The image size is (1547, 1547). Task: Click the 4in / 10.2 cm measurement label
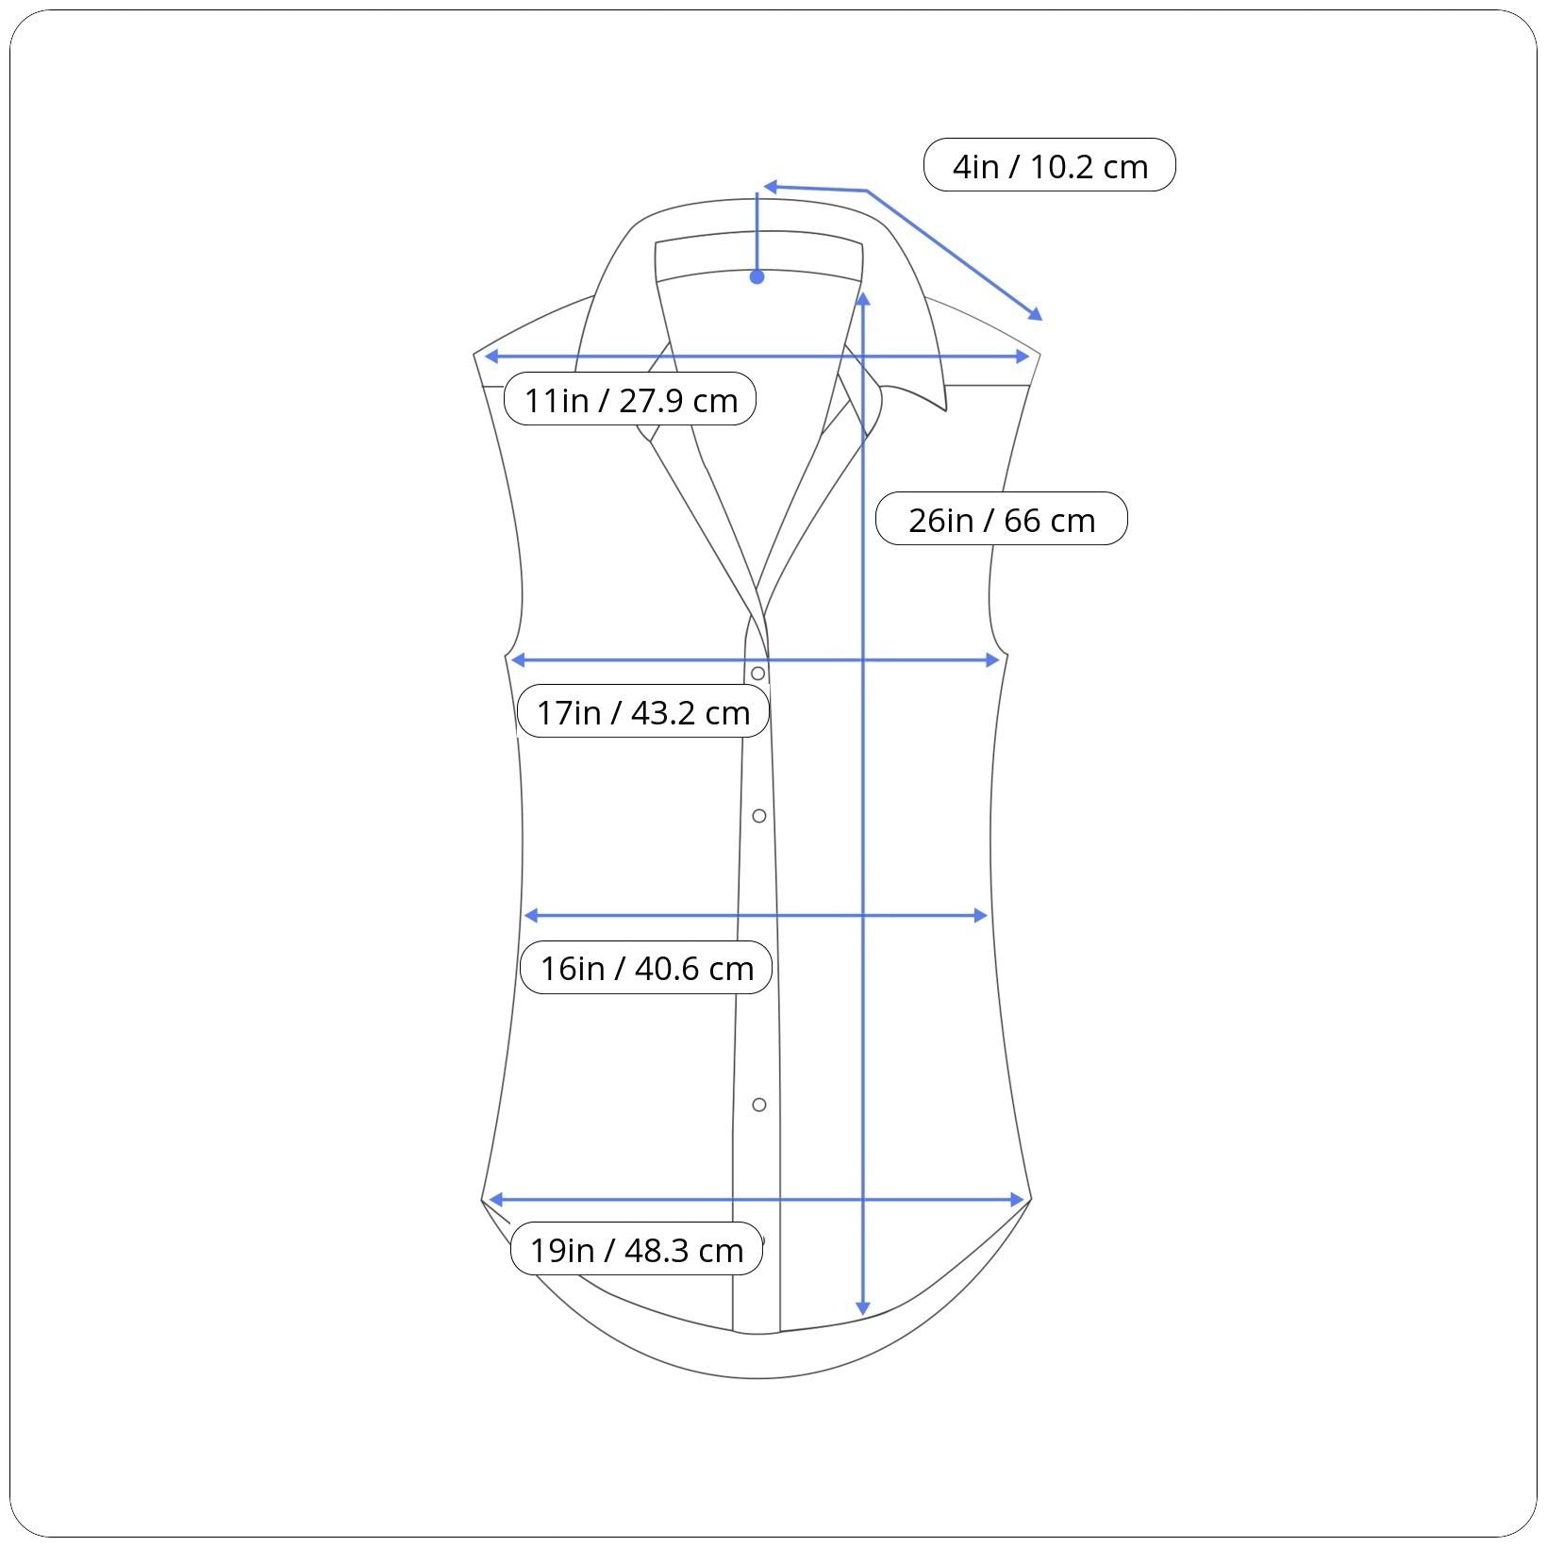1049,165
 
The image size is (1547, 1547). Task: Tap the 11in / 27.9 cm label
630,399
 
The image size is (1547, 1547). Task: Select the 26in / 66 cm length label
1002,519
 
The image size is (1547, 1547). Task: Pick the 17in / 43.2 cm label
643,711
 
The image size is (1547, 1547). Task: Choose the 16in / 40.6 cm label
646,967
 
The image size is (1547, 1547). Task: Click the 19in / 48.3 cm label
637,1249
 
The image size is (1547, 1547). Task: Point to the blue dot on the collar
757,276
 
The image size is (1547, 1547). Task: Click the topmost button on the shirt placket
757,674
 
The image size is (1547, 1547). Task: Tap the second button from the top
759,816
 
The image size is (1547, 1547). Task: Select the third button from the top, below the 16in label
759,1105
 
